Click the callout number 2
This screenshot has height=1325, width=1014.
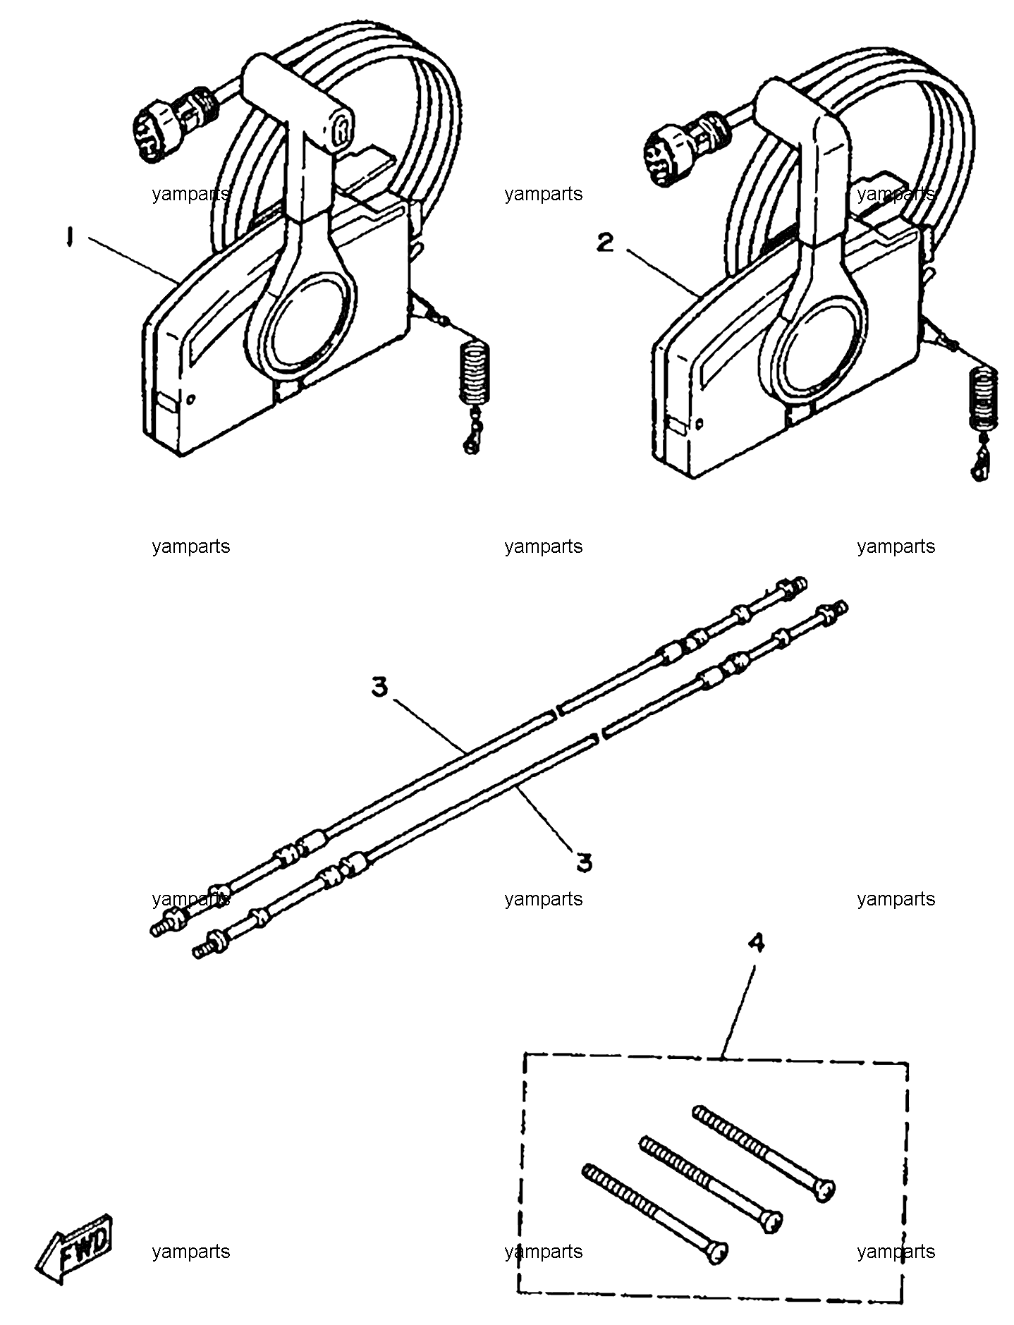pyautogui.click(x=605, y=243)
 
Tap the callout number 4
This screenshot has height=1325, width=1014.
pyautogui.click(x=756, y=944)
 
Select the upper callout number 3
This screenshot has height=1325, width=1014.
pyautogui.click(x=380, y=686)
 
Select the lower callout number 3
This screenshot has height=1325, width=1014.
pyautogui.click(x=583, y=862)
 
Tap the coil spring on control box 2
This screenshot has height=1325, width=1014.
pyautogui.click(x=984, y=399)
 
